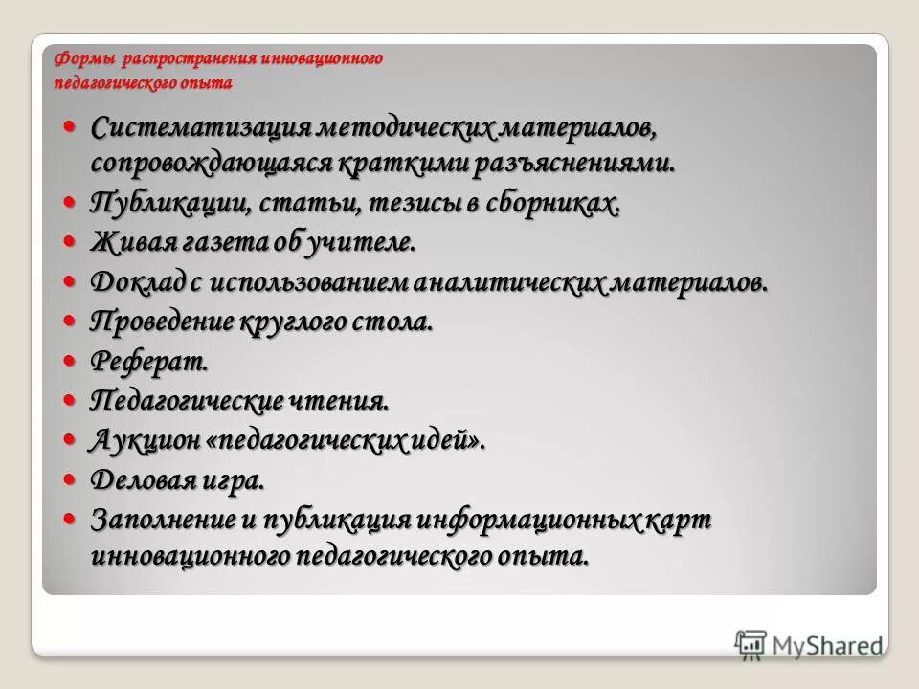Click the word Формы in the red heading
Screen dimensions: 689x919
point(75,59)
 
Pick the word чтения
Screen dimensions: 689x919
point(341,401)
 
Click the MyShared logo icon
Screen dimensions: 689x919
point(751,642)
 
